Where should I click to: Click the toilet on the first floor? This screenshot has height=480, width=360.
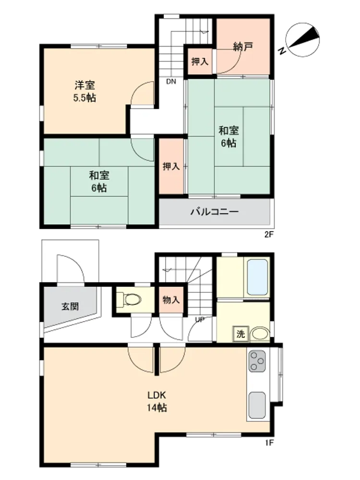pyautogui.click(x=129, y=299)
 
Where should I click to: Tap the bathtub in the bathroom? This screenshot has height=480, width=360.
pyautogui.click(x=257, y=277)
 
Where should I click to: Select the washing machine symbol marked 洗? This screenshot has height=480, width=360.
pyautogui.click(x=240, y=334)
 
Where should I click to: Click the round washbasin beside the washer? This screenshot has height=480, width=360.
pyautogui.click(x=260, y=334)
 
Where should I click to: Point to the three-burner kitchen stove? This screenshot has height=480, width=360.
pyautogui.click(x=257, y=361)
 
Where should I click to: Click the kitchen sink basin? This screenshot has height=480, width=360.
pyautogui.click(x=257, y=405)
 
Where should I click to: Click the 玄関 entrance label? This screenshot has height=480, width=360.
pyautogui.click(x=70, y=306)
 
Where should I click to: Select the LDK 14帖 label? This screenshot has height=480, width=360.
pyautogui.click(x=157, y=401)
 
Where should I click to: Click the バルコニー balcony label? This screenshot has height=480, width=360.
pyautogui.click(x=214, y=212)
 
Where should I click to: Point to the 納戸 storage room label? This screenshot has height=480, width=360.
pyautogui.click(x=243, y=47)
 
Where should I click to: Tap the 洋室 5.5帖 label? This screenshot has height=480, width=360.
pyautogui.click(x=84, y=91)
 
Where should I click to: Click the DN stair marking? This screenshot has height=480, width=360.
pyautogui.click(x=171, y=82)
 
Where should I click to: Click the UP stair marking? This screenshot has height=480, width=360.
pyautogui.click(x=200, y=320)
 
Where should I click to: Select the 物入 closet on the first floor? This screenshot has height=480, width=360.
pyautogui.click(x=171, y=300)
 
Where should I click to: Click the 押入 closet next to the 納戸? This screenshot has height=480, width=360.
pyautogui.click(x=200, y=61)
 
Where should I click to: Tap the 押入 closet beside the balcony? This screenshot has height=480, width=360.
pyautogui.click(x=171, y=166)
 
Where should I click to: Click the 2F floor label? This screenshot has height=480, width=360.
pyautogui.click(x=269, y=235)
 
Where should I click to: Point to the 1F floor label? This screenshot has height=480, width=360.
pyautogui.click(x=269, y=443)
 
